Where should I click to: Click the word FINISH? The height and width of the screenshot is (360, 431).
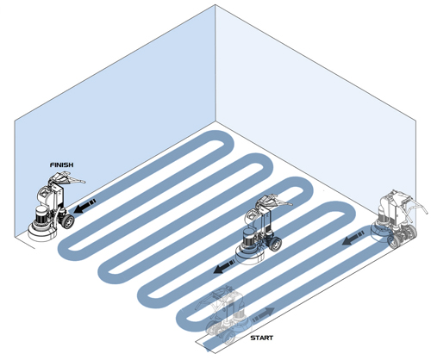[61, 164]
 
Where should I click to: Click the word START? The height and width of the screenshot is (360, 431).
[261, 338]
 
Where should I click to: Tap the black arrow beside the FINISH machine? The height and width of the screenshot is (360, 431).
[84, 206]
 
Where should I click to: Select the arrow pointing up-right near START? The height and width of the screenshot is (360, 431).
[263, 314]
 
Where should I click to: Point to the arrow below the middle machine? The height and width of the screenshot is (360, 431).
[225, 266]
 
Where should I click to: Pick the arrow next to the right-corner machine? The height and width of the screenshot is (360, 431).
[353, 239]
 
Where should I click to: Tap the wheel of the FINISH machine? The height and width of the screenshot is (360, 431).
[68, 221]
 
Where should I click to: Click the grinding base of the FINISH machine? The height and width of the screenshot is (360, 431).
[42, 233]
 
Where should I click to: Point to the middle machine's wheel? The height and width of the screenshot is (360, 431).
[275, 244]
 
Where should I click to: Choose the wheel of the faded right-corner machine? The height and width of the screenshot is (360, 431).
[394, 241]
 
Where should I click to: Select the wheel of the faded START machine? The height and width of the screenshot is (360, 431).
[229, 338]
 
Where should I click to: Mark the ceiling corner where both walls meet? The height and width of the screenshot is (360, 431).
[215, 5]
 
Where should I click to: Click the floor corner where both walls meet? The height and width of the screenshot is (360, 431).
[215, 121]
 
